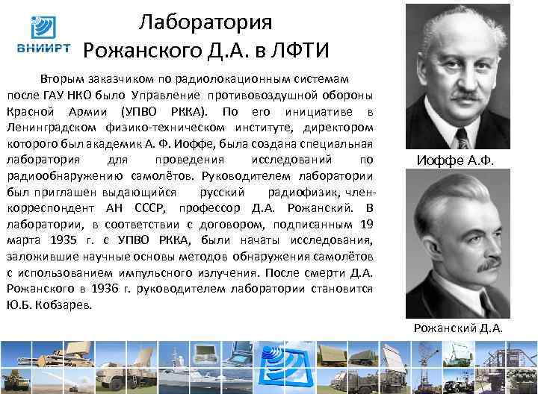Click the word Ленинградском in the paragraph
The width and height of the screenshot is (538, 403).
tap(52, 128)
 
